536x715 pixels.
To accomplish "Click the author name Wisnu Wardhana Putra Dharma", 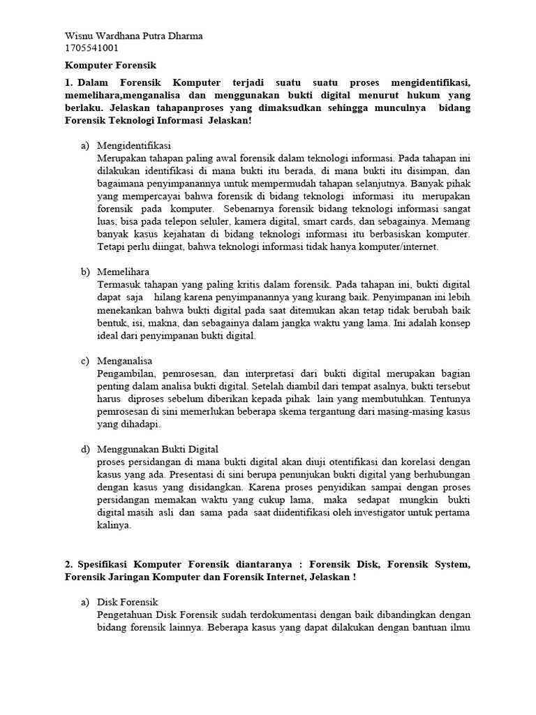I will click(133, 36).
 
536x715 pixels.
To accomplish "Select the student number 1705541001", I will click(91, 48).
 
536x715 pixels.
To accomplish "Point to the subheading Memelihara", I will click(123, 272).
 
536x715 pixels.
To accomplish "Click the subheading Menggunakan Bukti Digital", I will click(158, 449).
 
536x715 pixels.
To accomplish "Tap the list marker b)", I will click(86, 272).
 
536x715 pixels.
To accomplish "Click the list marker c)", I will click(86, 360).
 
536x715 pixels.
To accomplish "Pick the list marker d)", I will click(86, 449).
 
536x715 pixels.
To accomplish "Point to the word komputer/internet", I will click(401, 246).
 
